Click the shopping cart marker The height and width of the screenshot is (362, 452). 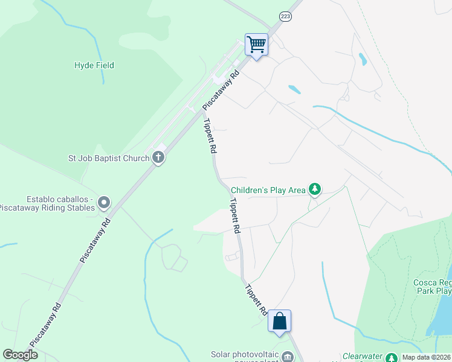(x=256, y=44)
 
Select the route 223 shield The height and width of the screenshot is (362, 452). (x=285, y=17)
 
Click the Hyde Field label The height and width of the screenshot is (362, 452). (x=94, y=65)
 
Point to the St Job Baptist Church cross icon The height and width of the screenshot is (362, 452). (x=158, y=159)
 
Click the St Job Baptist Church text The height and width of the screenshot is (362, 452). (x=108, y=159)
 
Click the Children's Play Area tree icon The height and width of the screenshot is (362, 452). (x=314, y=190)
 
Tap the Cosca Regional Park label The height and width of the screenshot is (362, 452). (x=431, y=286)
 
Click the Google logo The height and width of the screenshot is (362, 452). (x=20, y=355)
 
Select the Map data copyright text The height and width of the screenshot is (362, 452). (x=426, y=357)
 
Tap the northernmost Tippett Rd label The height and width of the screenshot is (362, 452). (x=210, y=137)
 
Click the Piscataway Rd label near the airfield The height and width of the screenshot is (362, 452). (x=221, y=90)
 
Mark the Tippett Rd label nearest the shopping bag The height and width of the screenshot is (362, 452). (x=256, y=300)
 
